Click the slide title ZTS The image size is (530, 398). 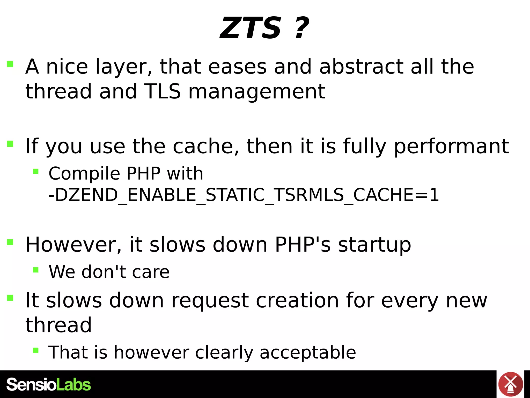coord(251,28)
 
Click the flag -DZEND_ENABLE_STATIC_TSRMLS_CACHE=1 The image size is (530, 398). coord(244,195)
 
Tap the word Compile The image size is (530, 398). coord(84,174)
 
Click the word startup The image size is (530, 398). coord(374,245)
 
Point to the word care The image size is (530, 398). coord(151,272)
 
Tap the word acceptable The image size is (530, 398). coord(308,353)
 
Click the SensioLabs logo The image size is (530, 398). coord(49,385)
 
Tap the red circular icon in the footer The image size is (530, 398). coord(510,385)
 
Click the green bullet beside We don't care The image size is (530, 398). coord(36,270)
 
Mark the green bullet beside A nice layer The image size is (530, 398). coord(10,64)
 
